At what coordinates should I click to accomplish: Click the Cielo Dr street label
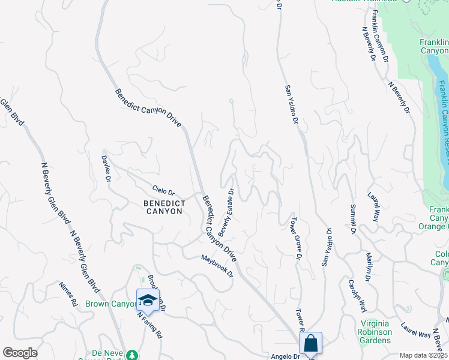[163, 192]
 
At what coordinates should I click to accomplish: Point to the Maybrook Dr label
[217, 266]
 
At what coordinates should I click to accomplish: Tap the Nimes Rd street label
[68, 294]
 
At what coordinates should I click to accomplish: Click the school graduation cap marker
[148, 300]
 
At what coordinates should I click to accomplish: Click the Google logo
[20, 353]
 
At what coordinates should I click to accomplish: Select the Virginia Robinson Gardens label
[375, 332]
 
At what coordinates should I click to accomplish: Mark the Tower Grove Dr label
[295, 238]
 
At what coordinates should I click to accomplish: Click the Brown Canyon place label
[112, 304]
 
